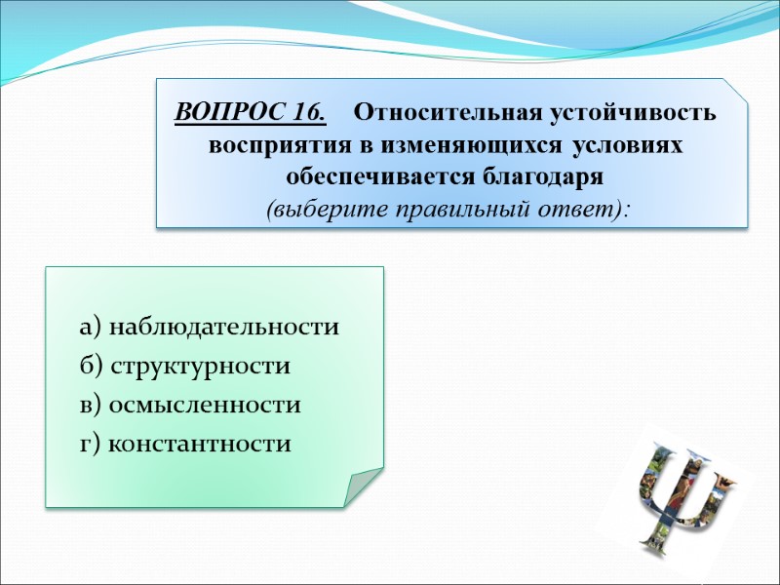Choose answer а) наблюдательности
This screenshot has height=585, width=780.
(x=210, y=328)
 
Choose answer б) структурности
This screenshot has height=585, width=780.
(x=185, y=367)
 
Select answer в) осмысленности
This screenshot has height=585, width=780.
(x=190, y=406)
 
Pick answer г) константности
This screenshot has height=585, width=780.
(x=185, y=445)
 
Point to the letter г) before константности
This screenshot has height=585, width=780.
(x=91, y=445)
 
